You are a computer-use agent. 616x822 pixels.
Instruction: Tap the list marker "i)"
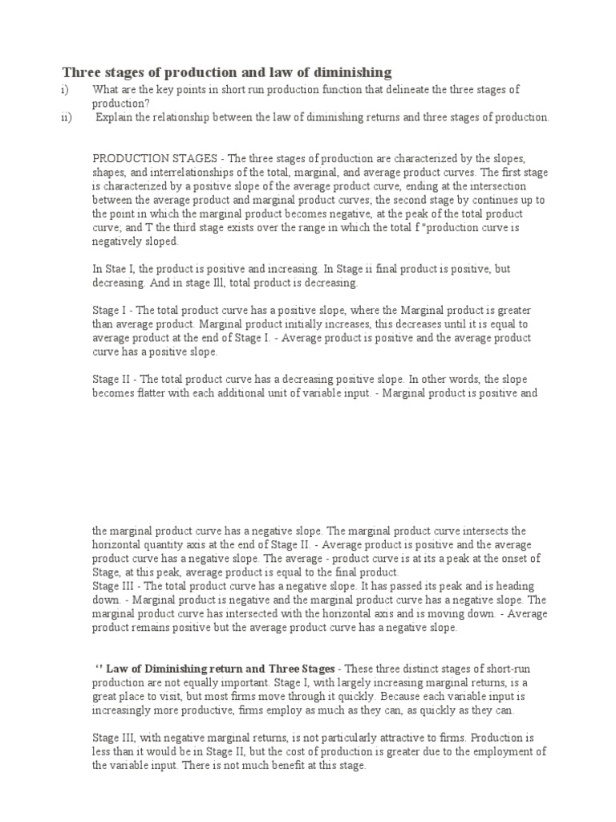[x=66, y=90]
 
